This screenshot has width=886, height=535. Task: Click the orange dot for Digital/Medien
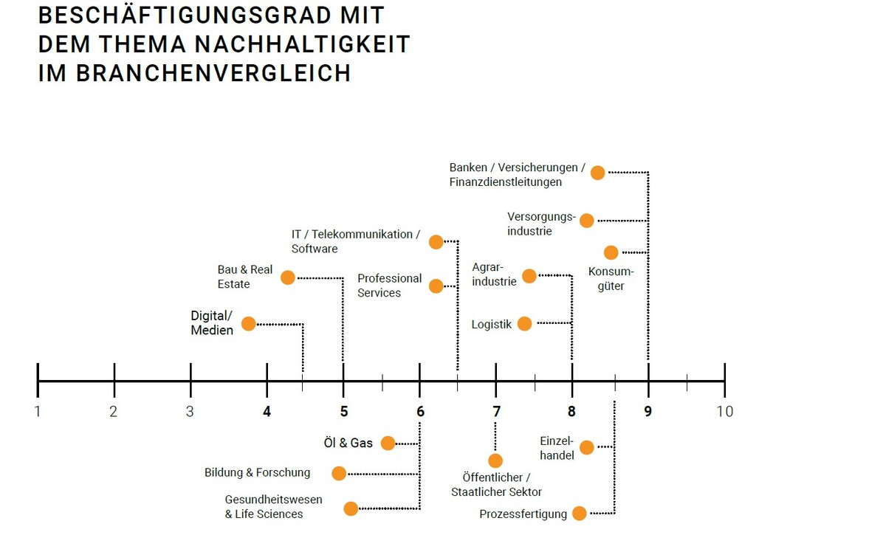click(x=249, y=323)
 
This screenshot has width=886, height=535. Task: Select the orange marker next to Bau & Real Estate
click(x=288, y=277)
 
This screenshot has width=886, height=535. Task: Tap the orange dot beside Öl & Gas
click(x=388, y=443)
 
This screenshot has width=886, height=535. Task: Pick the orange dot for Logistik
click(x=524, y=323)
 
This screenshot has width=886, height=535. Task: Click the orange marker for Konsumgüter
click(x=611, y=252)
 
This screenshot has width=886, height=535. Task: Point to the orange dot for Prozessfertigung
click(x=580, y=514)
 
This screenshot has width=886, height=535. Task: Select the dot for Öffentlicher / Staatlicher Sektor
click(x=495, y=460)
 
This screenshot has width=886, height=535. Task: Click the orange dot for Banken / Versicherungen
click(x=598, y=173)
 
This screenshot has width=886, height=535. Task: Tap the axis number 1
click(x=38, y=411)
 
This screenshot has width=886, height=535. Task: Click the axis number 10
click(x=724, y=411)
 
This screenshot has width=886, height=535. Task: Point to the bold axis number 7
click(x=496, y=411)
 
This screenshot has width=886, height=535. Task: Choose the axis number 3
click(x=190, y=411)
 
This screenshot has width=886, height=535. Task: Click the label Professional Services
click(x=390, y=286)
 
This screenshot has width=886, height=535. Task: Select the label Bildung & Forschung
click(x=257, y=472)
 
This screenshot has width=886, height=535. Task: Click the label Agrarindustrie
click(x=494, y=274)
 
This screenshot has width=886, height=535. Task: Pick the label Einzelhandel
click(x=557, y=448)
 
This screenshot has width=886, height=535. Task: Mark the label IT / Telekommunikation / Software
click(x=355, y=241)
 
